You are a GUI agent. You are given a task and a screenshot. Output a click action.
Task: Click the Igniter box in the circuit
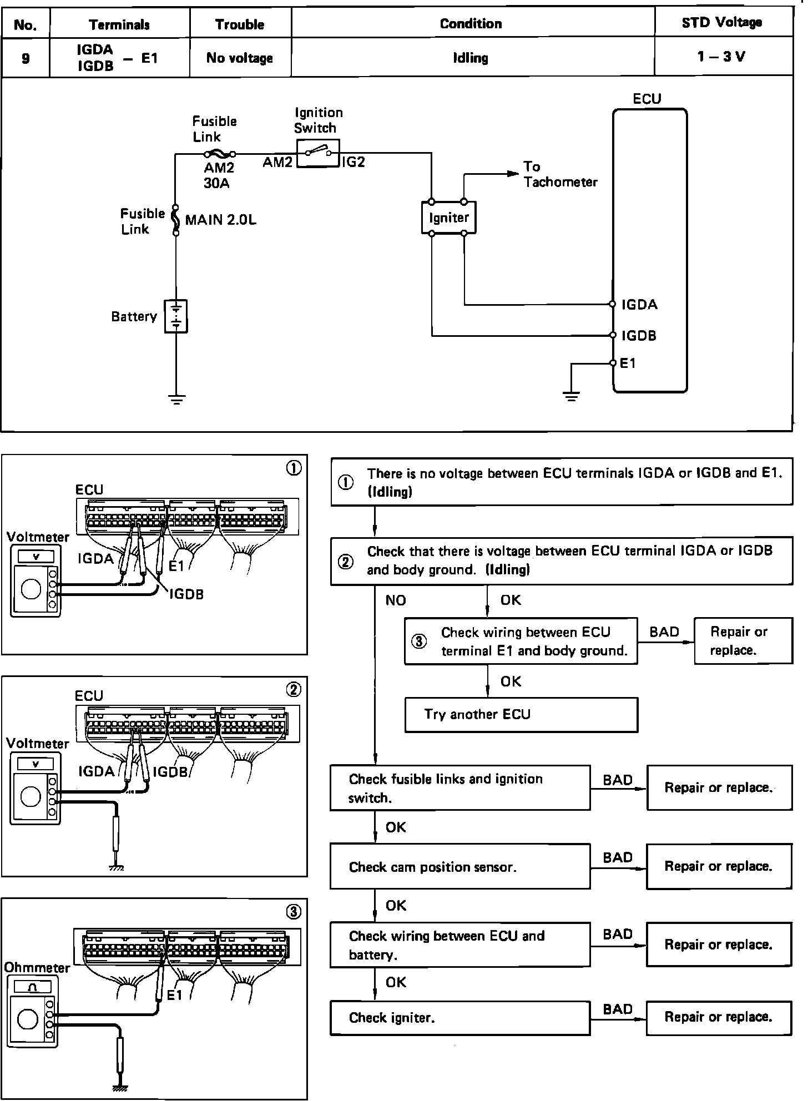(448, 218)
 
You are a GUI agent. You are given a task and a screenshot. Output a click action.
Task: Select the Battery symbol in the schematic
(176, 316)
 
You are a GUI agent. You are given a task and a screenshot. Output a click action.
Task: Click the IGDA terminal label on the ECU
(639, 304)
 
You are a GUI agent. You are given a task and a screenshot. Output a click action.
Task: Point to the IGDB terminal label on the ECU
(639, 335)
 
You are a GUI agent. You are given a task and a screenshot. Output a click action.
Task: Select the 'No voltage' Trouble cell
(240, 58)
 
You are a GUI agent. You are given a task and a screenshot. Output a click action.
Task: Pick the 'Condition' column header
(471, 23)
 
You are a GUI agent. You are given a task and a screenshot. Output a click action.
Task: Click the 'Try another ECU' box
(521, 715)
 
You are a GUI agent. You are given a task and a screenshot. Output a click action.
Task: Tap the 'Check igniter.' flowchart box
(460, 1018)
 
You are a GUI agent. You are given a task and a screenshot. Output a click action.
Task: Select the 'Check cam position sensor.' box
(460, 866)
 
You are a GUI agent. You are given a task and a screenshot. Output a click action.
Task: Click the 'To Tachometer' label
(560, 174)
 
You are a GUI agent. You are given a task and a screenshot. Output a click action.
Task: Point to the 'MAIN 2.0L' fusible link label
(221, 220)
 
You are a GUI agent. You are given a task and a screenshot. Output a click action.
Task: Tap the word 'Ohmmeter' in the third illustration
(37, 968)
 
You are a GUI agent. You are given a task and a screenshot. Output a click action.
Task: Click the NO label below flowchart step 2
(396, 600)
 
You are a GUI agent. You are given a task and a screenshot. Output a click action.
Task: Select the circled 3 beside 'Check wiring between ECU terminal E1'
(419, 642)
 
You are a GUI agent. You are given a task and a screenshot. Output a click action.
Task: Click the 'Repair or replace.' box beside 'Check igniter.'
(719, 1018)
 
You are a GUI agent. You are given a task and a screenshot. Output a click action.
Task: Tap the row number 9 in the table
(26, 58)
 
